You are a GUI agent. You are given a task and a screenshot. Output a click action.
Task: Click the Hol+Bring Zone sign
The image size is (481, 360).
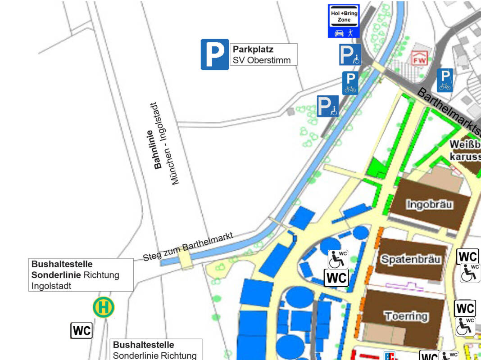[x=343, y=21]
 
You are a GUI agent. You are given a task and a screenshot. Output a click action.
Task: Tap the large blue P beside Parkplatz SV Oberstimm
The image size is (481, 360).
[x=215, y=54]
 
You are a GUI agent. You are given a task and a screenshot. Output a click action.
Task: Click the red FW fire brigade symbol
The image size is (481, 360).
[x=418, y=58]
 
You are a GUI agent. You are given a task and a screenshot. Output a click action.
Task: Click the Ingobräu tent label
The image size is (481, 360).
[x=430, y=204]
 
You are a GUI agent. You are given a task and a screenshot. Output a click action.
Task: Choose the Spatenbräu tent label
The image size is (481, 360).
[x=411, y=259]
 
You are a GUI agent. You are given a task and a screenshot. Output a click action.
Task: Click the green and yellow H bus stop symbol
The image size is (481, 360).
[x=104, y=307]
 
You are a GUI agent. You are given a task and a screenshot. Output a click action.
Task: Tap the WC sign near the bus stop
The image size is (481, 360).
[x=82, y=331]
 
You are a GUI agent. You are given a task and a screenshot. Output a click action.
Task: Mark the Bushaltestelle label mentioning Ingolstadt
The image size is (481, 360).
[x=81, y=274]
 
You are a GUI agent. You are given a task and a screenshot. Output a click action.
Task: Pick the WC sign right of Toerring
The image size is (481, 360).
[x=465, y=308]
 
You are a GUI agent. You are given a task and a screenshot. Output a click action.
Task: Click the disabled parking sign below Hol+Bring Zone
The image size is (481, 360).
[x=350, y=55]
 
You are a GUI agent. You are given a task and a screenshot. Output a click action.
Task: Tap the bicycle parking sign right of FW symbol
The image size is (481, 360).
[x=445, y=80]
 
